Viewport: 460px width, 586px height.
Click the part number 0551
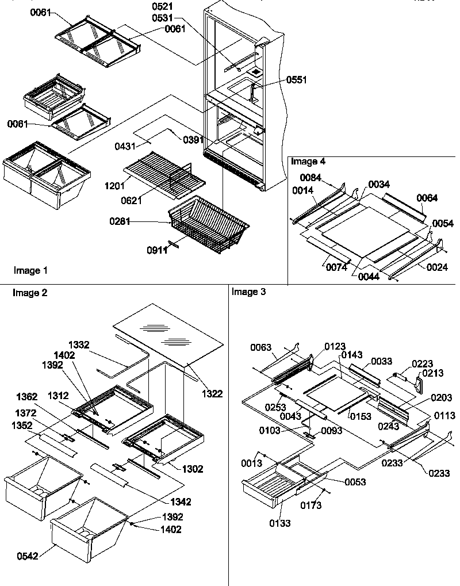coord(297,81)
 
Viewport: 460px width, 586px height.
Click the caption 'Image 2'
coord(29,293)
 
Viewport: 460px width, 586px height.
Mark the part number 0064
coord(427,198)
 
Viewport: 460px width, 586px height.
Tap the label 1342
coord(179,501)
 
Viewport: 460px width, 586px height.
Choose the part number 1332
coord(78,344)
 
